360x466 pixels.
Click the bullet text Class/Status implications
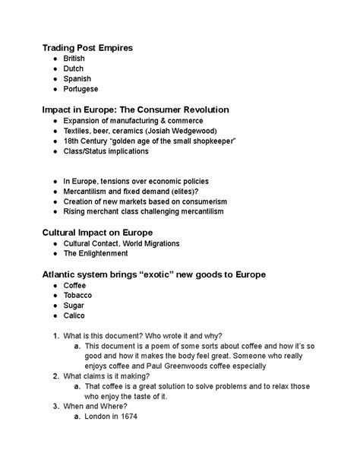[x=106, y=151]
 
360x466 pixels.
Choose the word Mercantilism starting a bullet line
[x=90, y=192]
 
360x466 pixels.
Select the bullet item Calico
[x=76, y=315]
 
